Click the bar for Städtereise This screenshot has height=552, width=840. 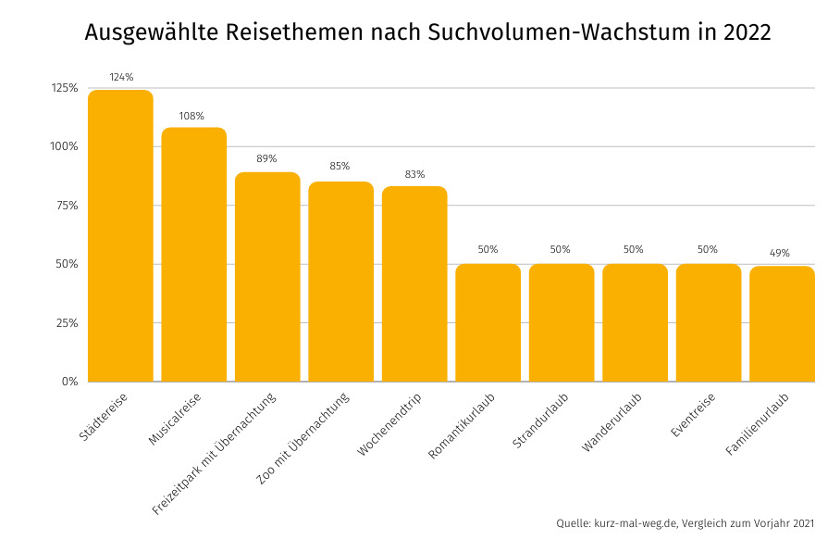point(120,236)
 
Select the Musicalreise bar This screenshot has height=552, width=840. point(194,255)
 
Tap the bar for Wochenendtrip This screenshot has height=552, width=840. point(414,284)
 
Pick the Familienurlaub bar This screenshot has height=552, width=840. point(782,324)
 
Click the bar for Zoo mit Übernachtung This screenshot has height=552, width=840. point(341,282)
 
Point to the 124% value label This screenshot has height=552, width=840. point(120,76)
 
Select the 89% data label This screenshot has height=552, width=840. point(266,158)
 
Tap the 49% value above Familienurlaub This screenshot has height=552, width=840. point(781,253)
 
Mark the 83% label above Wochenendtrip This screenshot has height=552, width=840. point(414,174)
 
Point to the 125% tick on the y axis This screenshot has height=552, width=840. point(65,88)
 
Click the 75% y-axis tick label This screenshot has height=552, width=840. point(68,206)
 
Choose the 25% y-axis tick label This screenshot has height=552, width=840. point(68,323)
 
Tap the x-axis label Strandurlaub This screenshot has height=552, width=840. point(540,421)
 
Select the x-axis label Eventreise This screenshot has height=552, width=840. point(692,418)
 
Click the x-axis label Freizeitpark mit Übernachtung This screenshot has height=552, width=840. point(216,454)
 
